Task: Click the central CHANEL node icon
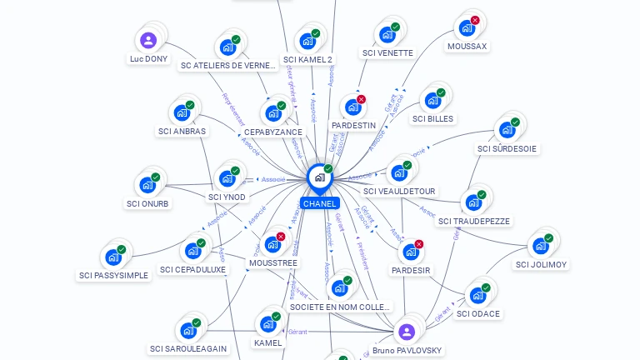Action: coord(319,177)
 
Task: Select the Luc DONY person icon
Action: coord(148,40)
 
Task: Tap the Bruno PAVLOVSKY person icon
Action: coord(407,332)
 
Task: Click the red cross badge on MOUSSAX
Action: coord(475,20)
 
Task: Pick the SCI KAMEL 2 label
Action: coord(307,59)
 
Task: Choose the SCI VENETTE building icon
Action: coord(387,34)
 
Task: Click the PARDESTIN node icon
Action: coord(352,107)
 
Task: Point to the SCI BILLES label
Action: coord(432,118)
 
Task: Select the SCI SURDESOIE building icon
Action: coord(506,130)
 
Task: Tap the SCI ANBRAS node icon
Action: coord(181,112)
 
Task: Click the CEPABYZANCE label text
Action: coord(273,132)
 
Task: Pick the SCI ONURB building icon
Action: coord(147,185)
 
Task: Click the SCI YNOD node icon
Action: coord(226,178)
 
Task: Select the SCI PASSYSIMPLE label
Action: coord(113,275)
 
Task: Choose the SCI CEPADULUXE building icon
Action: coord(192,251)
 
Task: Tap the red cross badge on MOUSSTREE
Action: coord(281,237)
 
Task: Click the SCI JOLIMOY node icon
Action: coord(541,246)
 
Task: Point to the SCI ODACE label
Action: coord(478,313)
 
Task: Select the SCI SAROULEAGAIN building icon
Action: coord(187,330)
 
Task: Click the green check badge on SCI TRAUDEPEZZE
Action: coord(481,193)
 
